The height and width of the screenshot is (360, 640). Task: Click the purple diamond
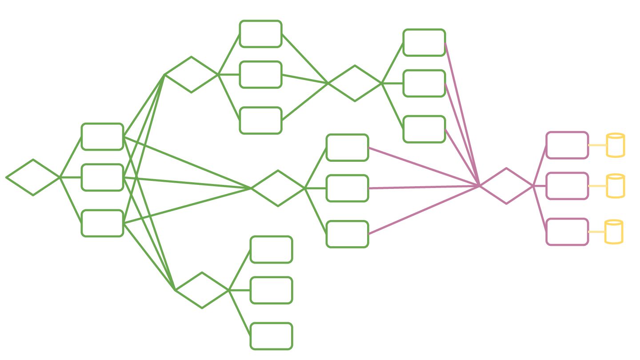[x=506, y=186]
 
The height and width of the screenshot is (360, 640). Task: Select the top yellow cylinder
[x=616, y=145]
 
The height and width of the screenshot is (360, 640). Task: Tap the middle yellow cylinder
[x=616, y=186]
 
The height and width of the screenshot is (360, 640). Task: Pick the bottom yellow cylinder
[x=614, y=232]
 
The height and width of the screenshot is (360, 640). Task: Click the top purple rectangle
[x=567, y=145]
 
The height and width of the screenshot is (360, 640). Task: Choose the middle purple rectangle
[x=567, y=186]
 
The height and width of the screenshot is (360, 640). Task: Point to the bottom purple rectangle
[x=567, y=232]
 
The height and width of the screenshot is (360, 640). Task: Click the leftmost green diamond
[x=33, y=177]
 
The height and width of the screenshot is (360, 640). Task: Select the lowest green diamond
[x=202, y=290]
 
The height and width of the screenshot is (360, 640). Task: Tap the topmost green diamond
[x=192, y=75]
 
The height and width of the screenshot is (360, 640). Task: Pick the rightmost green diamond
[x=355, y=83]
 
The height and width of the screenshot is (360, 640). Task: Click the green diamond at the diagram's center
[x=278, y=188]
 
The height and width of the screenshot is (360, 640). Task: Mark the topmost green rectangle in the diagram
[x=261, y=34]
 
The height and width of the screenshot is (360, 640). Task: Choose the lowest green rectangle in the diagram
[x=272, y=336]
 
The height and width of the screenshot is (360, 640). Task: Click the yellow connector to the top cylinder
[x=597, y=145]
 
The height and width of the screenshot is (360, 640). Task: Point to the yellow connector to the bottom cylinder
[x=596, y=232]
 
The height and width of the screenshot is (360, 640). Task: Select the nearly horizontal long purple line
[x=422, y=187]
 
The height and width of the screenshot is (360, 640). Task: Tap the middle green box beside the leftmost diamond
[x=102, y=177]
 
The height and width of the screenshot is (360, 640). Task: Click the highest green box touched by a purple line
[x=424, y=43]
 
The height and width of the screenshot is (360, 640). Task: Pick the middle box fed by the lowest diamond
[x=272, y=290]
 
